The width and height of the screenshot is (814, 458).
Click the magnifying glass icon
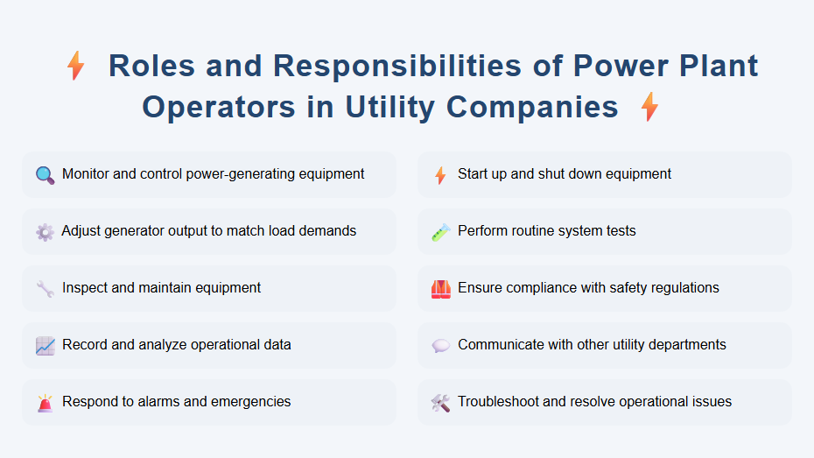[45, 174]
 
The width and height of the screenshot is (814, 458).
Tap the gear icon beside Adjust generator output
[45, 231]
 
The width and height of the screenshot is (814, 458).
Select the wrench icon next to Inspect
[45, 288]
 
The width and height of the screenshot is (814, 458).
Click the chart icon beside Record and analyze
[45, 345]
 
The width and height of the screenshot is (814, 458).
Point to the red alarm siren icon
[45, 402]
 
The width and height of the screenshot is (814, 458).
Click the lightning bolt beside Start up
[440, 175]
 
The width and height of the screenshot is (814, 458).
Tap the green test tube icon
[440, 231]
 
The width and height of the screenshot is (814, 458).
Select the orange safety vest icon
[440, 288]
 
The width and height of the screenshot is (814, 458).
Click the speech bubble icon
[440, 345]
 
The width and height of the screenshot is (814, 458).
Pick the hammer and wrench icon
[440, 402]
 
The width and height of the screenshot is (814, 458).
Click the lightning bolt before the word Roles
[76, 66]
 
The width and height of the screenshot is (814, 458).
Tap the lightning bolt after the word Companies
[649, 107]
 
